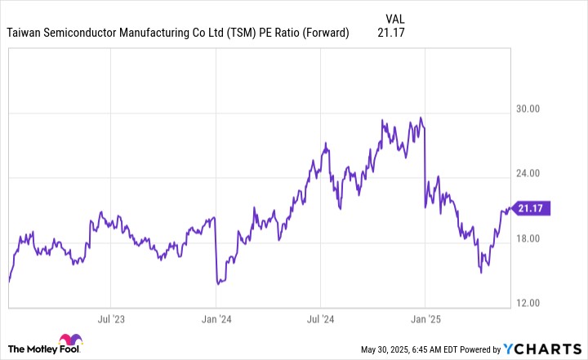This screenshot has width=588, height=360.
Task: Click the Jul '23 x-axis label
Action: (x=111, y=318)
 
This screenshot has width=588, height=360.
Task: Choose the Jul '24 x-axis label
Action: (x=321, y=318)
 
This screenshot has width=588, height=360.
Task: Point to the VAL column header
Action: (x=395, y=18)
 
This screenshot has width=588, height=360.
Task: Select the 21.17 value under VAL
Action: (x=392, y=33)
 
